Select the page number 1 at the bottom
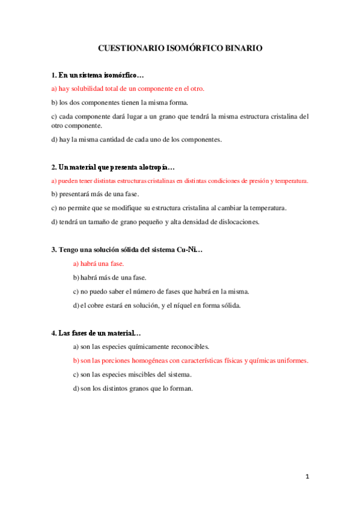pyautogui.click(x=307, y=476)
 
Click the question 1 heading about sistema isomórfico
pyautogui.click(x=98, y=76)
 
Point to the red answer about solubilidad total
pyautogui.click(x=128, y=88)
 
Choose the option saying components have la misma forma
pyautogui.click(x=120, y=102)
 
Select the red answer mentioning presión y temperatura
pyautogui.click(x=180, y=180)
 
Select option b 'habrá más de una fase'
pyautogui.click(x=109, y=277)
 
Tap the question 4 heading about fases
pyautogui.click(x=97, y=333)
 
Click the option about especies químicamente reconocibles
pyautogui.click(x=141, y=346)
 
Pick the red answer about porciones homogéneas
pyautogui.click(x=191, y=360)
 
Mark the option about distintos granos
pyautogui.click(x=133, y=388)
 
